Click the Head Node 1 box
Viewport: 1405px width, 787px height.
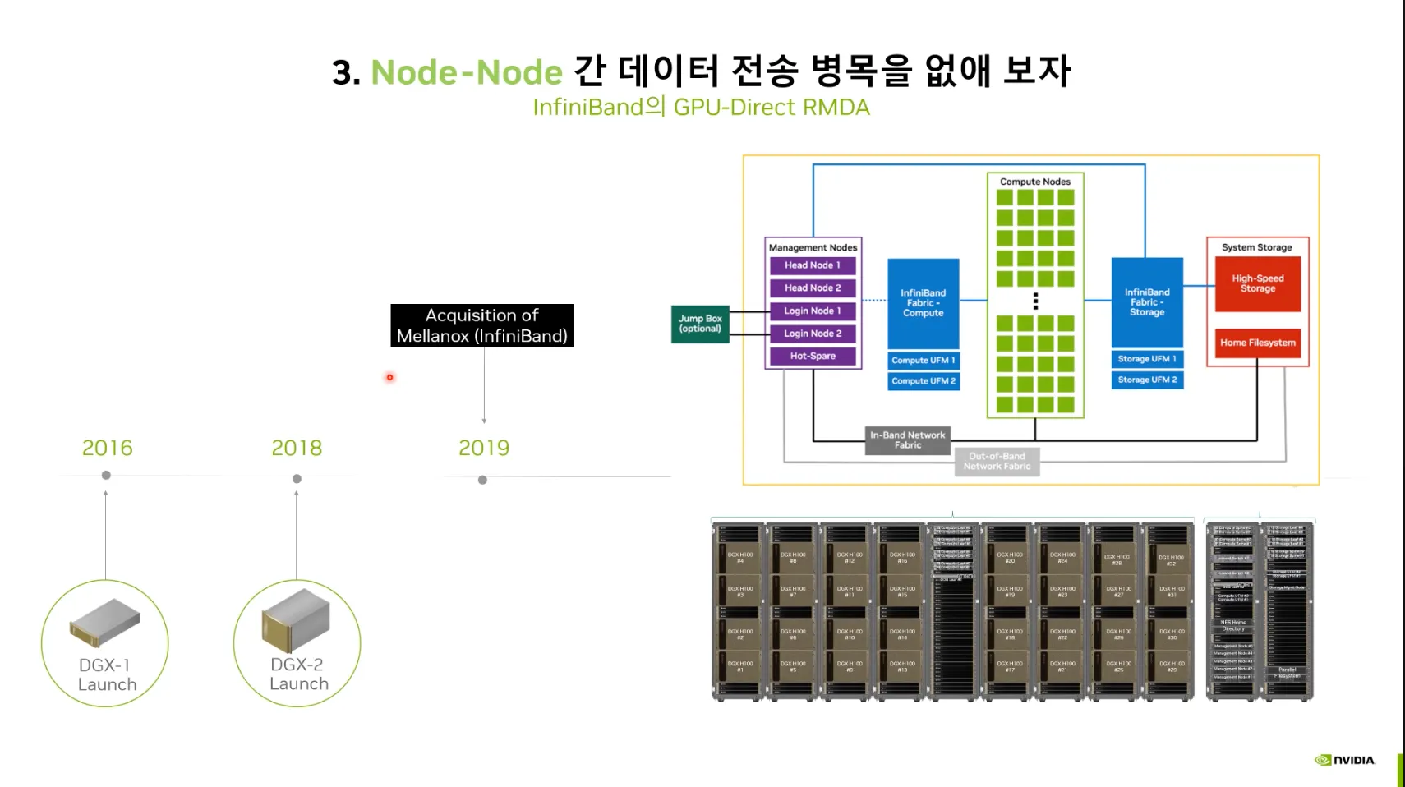[x=813, y=265]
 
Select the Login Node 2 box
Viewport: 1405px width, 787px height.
[x=813, y=334]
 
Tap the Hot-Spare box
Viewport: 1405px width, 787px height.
[x=813, y=356]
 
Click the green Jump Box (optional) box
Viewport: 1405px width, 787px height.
[x=700, y=324]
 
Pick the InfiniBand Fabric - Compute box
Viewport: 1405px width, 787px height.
[x=924, y=303]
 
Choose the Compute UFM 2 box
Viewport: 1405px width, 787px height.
[x=924, y=381]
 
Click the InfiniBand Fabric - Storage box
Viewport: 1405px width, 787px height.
[x=1147, y=302]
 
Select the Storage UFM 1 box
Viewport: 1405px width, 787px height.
[x=1147, y=359]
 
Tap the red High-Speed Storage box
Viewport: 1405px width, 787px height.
[x=1257, y=283]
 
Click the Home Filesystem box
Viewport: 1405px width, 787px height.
[x=1257, y=343]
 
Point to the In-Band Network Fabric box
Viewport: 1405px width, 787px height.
[x=908, y=440]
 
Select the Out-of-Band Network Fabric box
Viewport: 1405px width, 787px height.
[x=997, y=462]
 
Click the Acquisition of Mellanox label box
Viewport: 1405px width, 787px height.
[x=482, y=325]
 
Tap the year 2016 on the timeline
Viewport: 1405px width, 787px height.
[x=107, y=448]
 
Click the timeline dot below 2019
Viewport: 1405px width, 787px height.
[x=482, y=480]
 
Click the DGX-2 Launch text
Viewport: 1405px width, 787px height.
[x=297, y=674]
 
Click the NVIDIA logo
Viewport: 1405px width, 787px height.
[x=1345, y=760]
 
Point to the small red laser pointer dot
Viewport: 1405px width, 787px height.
[x=390, y=377]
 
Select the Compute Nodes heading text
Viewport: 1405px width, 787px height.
[x=1035, y=182]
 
